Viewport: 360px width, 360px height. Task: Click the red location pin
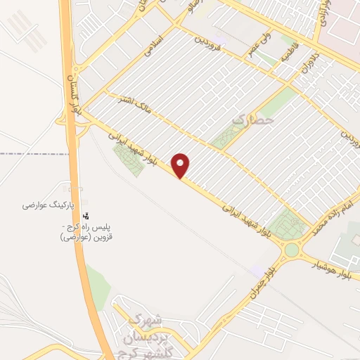(x=181, y=165)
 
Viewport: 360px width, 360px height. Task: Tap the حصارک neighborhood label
(x=250, y=121)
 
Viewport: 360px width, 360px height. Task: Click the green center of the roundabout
(x=291, y=250)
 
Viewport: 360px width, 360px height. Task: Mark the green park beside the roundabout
(x=289, y=224)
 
